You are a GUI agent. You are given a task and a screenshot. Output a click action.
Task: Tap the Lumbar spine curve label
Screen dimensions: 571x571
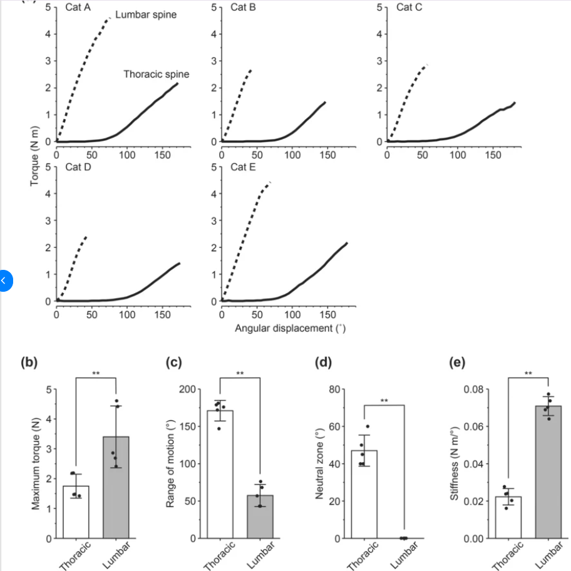pyautogui.click(x=145, y=14)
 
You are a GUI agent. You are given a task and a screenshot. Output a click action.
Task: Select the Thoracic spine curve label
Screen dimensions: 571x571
pyautogui.click(x=156, y=75)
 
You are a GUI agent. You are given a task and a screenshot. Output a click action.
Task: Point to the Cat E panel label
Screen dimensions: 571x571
pyautogui.click(x=243, y=167)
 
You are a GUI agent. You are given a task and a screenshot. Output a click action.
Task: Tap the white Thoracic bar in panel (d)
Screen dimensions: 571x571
pyautogui.click(x=364, y=494)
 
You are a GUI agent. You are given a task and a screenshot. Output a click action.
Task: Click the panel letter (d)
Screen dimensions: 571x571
pyautogui.click(x=324, y=363)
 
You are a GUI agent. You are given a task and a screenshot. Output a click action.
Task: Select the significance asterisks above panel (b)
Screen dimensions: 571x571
pyautogui.click(x=96, y=374)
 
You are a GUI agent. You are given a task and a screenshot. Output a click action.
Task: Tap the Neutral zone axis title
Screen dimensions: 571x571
pyautogui.click(x=319, y=463)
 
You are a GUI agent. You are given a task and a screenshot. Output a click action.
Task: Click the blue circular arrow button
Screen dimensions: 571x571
pyautogui.click(x=5, y=281)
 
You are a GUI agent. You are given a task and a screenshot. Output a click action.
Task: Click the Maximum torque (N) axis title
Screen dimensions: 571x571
pyautogui.click(x=36, y=463)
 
